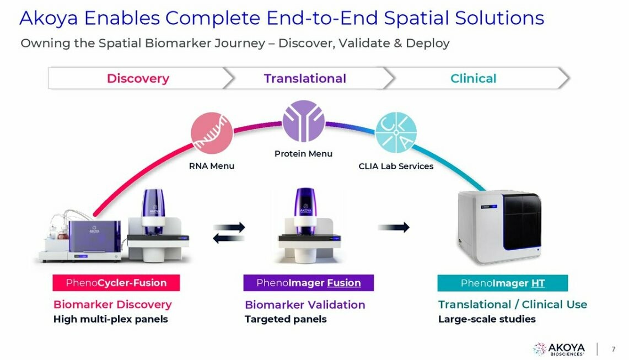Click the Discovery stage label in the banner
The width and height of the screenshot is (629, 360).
tap(138, 79)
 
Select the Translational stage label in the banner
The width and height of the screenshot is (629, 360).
tap(305, 79)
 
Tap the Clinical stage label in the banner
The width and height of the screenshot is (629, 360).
tap(473, 79)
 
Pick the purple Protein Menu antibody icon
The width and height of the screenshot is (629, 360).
tap(303, 121)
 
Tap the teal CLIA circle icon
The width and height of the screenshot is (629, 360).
tap(396, 133)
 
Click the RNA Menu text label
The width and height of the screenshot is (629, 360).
tap(212, 166)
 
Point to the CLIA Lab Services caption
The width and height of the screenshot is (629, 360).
tap(396, 166)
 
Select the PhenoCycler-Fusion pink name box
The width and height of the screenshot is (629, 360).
tap(116, 283)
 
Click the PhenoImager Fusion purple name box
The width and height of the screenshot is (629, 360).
tap(308, 283)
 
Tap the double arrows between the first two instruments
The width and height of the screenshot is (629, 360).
tap(229, 232)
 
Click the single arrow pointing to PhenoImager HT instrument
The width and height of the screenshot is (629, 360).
tap(394, 227)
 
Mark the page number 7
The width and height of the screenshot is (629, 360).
tap(614, 349)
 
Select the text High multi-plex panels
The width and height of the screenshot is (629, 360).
tap(110, 319)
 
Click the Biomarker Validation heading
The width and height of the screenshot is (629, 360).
tap(305, 304)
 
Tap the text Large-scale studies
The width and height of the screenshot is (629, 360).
tap(487, 319)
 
